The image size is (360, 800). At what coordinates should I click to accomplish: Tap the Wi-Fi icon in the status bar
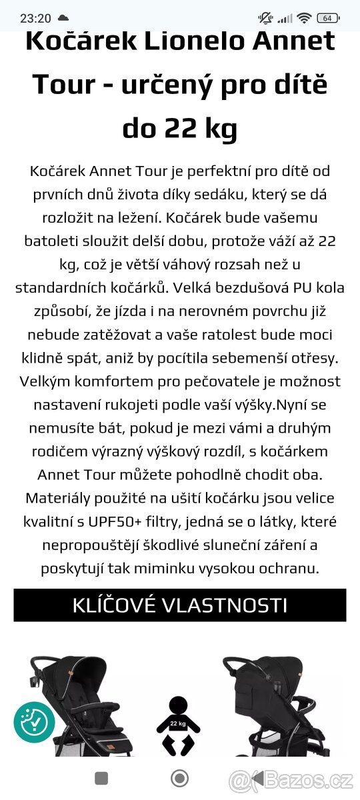[x=305, y=18]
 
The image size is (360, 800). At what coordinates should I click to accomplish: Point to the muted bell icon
[x=265, y=18]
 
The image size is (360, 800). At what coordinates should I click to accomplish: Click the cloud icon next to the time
[x=63, y=17]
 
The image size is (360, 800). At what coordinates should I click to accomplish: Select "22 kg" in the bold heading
[x=200, y=128]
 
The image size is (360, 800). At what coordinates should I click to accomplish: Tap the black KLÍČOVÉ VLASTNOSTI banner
[x=180, y=605]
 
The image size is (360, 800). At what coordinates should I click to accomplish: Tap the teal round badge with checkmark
[x=34, y=722]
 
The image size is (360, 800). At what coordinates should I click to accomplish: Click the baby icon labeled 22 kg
[x=177, y=725]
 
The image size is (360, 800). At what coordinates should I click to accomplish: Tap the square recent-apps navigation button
[x=101, y=778]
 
